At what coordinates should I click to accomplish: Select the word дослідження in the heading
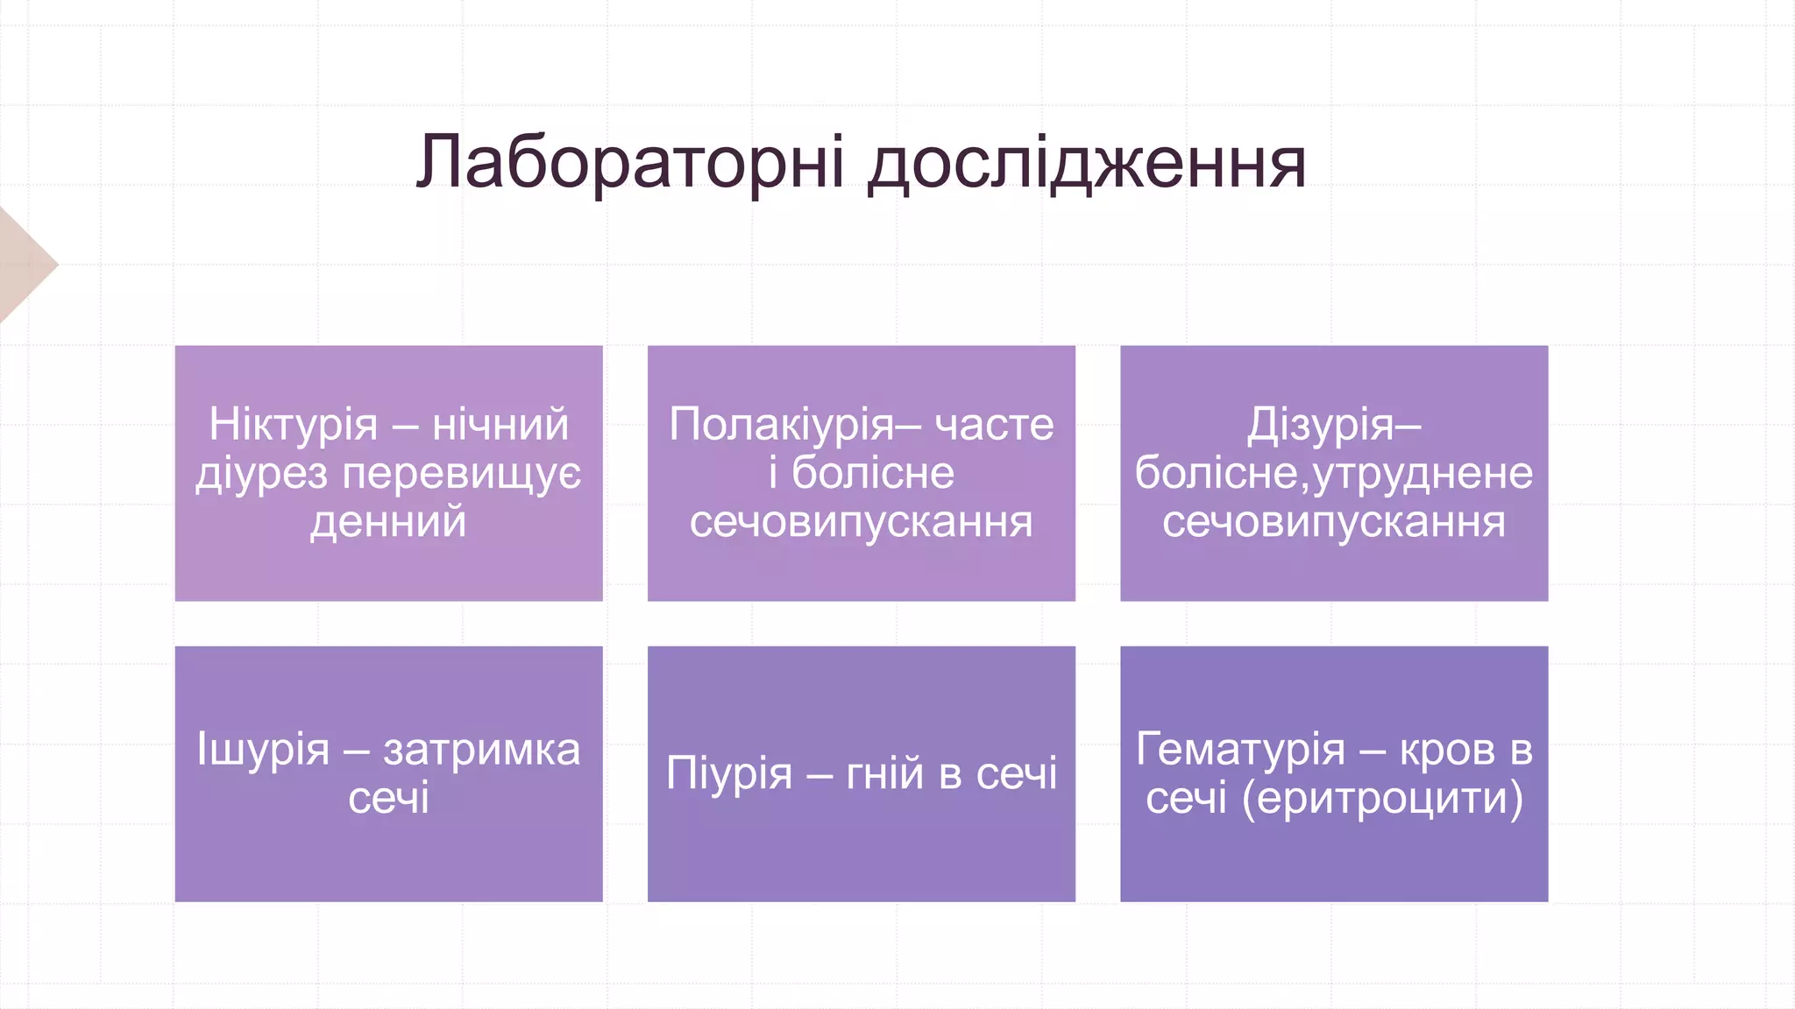tap(1087, 164)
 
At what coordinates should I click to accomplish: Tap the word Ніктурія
tap(293, 425)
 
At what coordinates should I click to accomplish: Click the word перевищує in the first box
tap(461, 474)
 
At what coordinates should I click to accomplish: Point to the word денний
tap(388, 522)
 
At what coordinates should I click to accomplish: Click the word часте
tap(994, 425)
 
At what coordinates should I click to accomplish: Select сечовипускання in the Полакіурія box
tap(861, 522)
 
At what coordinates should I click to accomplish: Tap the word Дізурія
tap(1320, 425)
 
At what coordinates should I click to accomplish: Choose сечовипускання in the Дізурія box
tap(1333, 522)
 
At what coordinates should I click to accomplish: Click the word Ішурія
tap(263, 750)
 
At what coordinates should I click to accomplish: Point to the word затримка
tap(481, 750)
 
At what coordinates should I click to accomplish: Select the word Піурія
tap(729, 773)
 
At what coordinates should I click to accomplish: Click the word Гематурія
tap(1240, 750)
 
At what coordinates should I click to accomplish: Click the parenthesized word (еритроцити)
tap(1382, 799)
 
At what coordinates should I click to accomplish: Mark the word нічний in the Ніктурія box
tap(500, 425)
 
